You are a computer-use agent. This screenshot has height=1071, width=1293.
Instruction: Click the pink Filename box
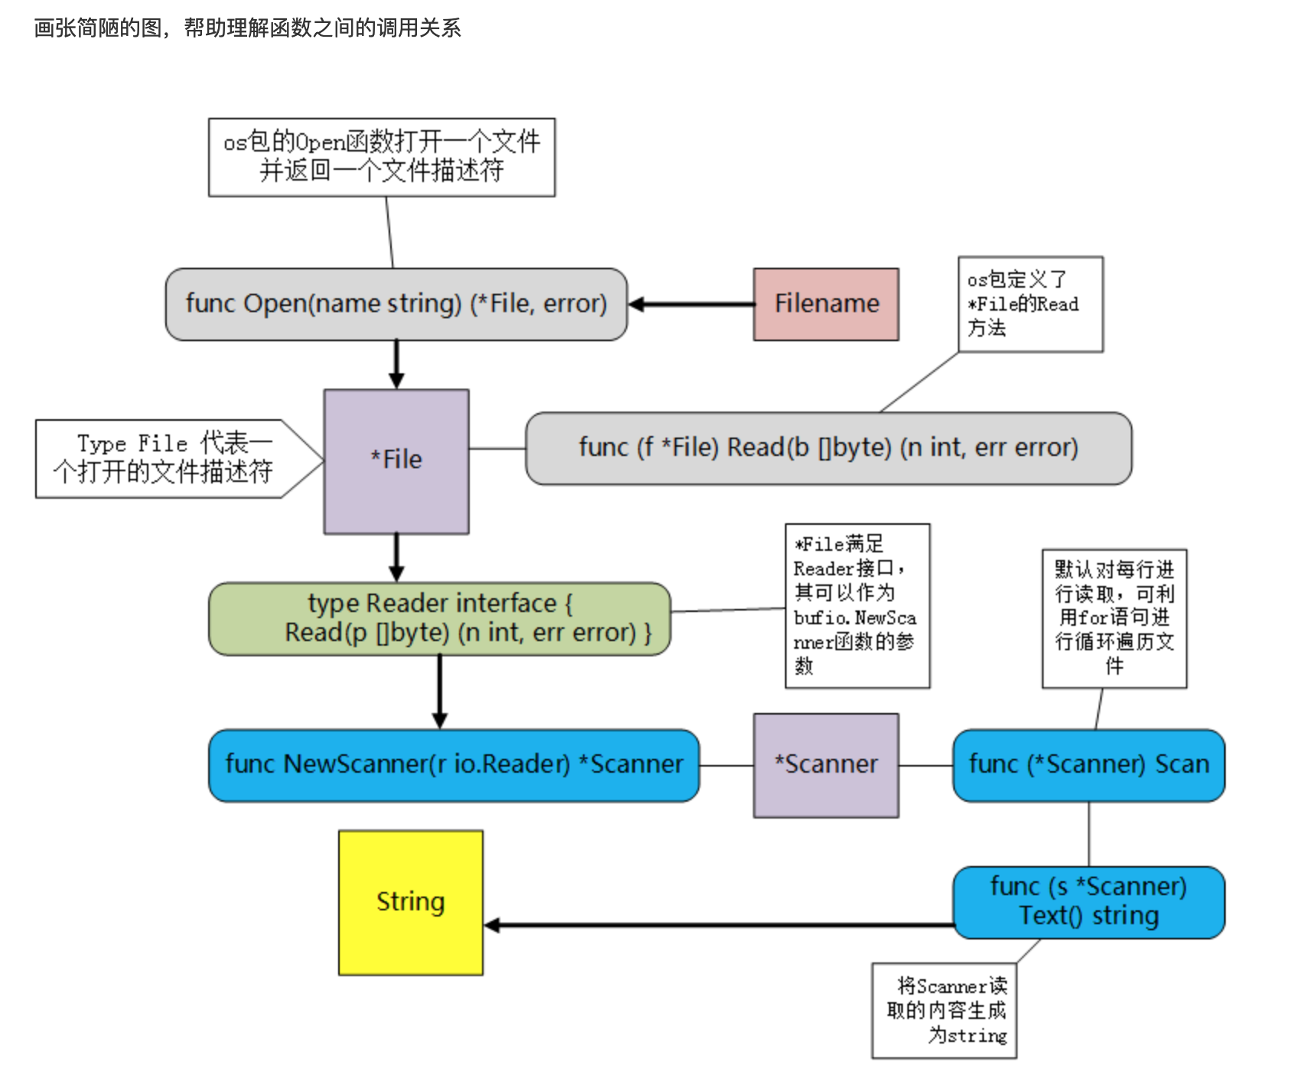click(x=826, y=304)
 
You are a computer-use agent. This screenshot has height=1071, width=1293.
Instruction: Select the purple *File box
click(x=396, y=461)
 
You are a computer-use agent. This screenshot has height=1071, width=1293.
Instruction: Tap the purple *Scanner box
click(x=826, y=765)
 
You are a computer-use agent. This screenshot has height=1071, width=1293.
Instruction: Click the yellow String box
click(x=411, y=903)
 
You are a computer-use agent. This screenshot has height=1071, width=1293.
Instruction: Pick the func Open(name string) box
click(x=396, y=304)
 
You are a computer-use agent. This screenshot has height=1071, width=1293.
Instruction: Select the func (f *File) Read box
click(x=829, y=448)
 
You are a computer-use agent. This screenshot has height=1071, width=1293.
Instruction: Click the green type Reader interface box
click(x=440, y=619)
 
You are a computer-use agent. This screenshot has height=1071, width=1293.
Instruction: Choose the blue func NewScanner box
click(x=454, y=765)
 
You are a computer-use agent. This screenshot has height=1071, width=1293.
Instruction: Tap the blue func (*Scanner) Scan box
click(x=1089, y=765)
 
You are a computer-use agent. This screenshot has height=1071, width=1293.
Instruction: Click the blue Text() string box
click(x=1089, y=902)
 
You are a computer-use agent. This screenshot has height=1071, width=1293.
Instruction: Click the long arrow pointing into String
click(x=719, y=926)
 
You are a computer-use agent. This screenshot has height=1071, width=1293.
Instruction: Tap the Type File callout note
click(x=164, y=459)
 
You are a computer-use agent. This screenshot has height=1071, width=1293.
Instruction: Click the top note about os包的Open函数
click(x=382, y=157)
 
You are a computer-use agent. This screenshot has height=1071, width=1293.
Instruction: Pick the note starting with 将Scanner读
click(x=945, y=1011)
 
